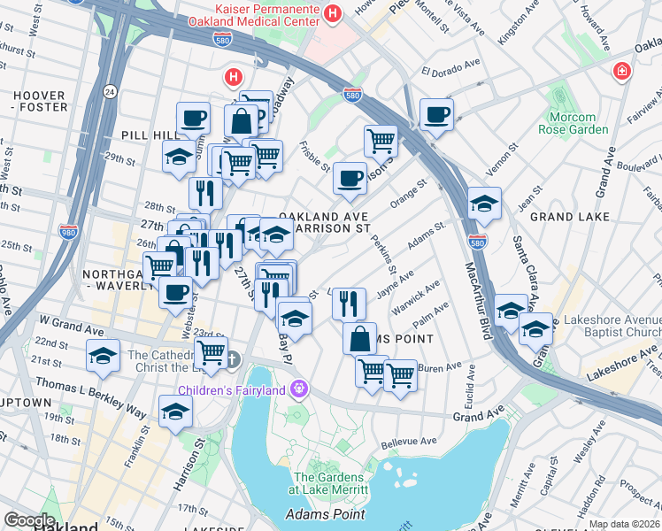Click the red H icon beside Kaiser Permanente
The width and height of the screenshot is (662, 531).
[333, 12]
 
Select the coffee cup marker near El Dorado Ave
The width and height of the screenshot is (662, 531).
[435, 114]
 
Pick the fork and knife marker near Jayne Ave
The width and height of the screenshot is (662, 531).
[350, 304]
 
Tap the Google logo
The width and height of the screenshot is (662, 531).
[29, 520]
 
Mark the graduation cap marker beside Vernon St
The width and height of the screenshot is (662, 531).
[484, 204]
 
